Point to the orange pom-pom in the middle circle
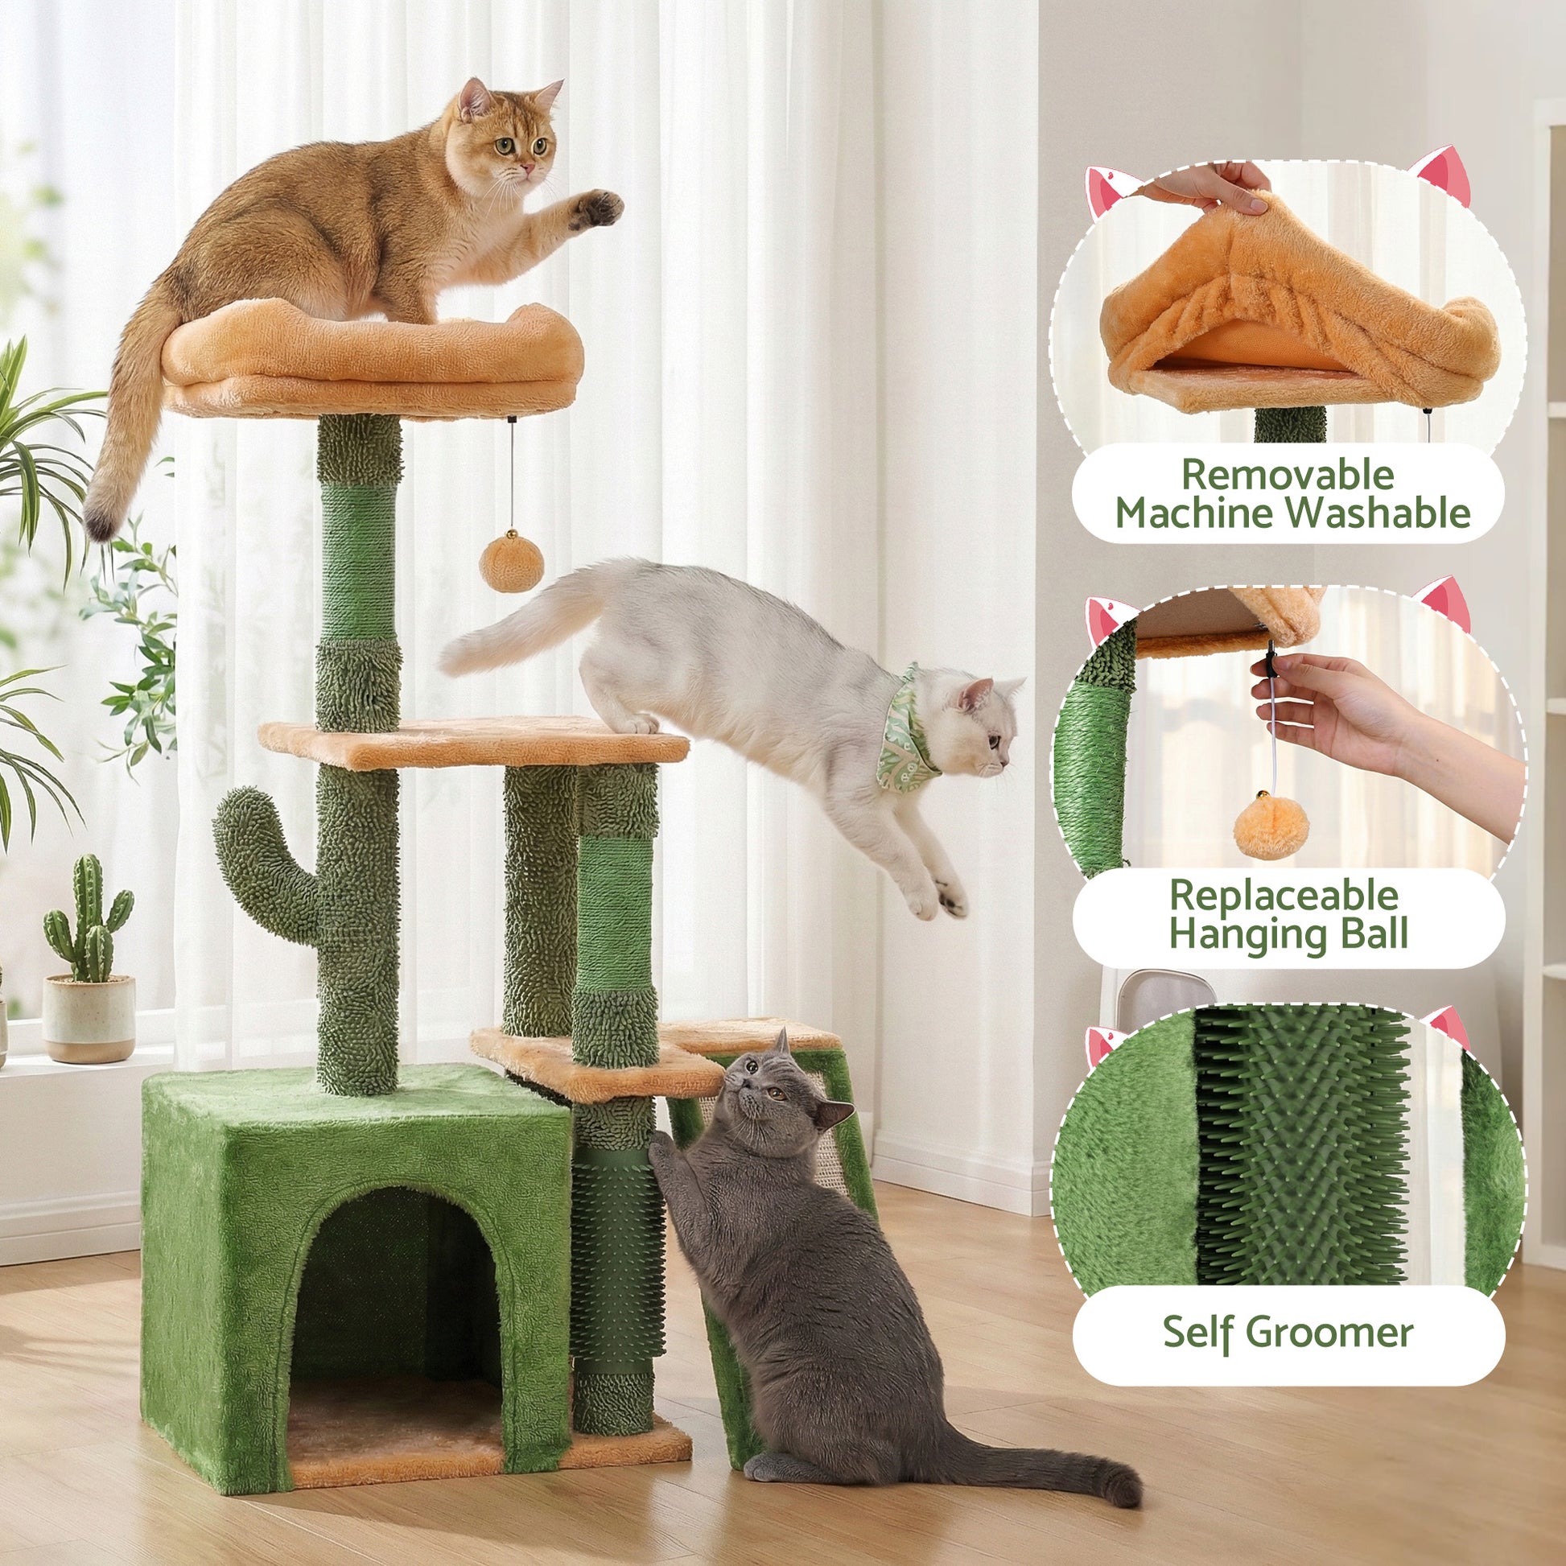tap(1270, 826)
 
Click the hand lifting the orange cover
tap(1208, 189)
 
